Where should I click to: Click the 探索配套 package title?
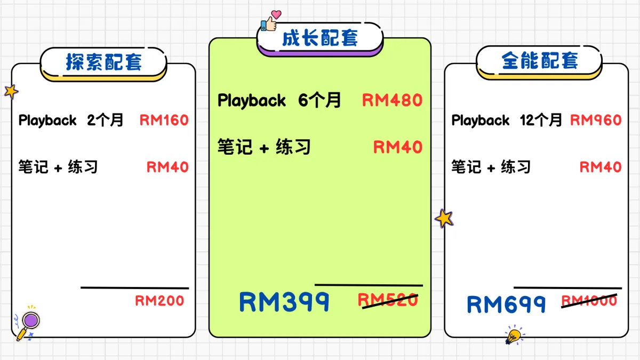[x=103, y=62]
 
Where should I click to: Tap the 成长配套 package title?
[x=320, y=38]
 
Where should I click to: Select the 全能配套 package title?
[x=539, y=61]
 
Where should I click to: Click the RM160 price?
[x=164, y=121]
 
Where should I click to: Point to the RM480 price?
[x=392, y=100]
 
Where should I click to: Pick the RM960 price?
[x=596, y=121]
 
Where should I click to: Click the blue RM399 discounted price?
[x=284, y=302]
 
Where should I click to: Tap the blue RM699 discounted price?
[x=506, y=305]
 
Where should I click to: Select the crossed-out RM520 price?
[x=388, y=301]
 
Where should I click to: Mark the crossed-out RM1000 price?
[x=589, y=301]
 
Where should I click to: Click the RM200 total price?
[x=159, y=301]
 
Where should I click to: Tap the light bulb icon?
[x=514, y=335]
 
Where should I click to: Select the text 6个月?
[x=319, y=100]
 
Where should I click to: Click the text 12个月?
[x=541, y=121]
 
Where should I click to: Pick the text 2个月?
[x=105, y=121]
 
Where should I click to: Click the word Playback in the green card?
[x=251, y=100]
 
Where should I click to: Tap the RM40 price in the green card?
[x=397, y=147]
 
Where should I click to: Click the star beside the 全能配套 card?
[x=444, y=218]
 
